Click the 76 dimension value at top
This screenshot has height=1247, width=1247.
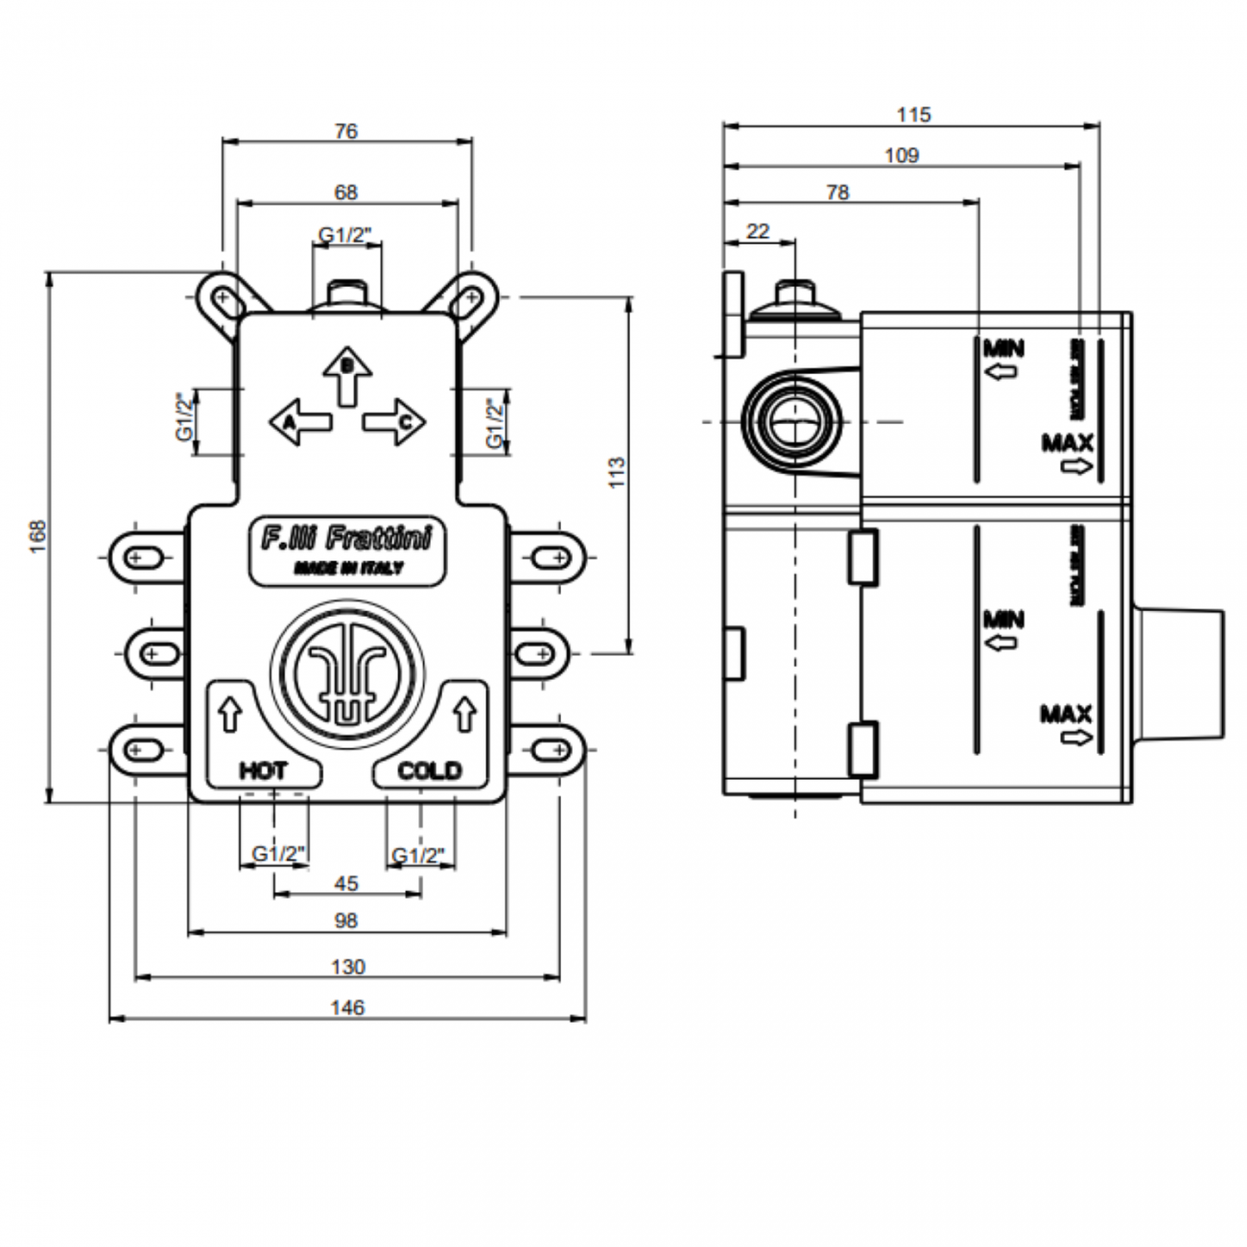coord(346,130)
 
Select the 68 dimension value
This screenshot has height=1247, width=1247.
coord(346,192)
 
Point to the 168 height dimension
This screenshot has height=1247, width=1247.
coord(37,538)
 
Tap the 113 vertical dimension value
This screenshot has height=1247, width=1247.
coord(617,472)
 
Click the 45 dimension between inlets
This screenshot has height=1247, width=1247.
coord(346,883)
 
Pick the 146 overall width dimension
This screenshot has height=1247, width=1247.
coord(347,1007)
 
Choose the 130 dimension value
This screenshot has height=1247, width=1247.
coord(347,966)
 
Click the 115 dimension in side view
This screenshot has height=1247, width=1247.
coord(913,114)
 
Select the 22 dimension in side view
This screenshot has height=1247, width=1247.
coord(758,231)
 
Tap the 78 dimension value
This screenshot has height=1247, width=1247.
coord(837,192)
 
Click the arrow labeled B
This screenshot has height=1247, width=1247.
coord(347,375)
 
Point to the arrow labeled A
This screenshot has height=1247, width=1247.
coord(300,421)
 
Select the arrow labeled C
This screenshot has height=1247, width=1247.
coord(394,421)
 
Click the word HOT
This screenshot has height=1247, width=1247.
coord(263,770)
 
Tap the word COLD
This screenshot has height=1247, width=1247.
coord(429,770)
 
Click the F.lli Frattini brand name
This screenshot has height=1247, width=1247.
coord(346,537)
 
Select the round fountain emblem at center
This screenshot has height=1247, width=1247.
coord(346,672)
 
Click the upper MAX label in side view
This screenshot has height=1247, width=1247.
coord(1067,443)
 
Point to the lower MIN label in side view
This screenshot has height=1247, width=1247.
coord(1002,619)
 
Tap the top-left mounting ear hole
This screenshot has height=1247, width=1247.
coord(223,298)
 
